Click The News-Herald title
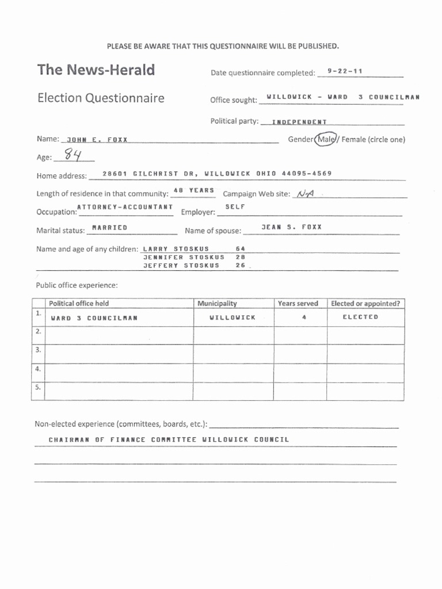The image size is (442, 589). pos(96,70)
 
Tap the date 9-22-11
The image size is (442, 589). pos(345,71)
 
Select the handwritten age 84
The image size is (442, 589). pos(73,155)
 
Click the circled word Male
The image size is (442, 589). pos(325,139)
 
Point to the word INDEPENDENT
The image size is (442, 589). pos(299,122)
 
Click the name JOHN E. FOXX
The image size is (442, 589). pos(97,140)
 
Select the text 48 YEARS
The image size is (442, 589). pos(194,190)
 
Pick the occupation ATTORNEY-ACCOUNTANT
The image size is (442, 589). pos(125,206)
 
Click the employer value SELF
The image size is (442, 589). pos(235,206)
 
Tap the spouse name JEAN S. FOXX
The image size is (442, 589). pos(291,227)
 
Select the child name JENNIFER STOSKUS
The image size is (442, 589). pos(184,257)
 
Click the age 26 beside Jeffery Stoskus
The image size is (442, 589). pos(241,266)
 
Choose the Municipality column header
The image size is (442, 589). pos(217,303)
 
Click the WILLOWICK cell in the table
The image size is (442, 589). pos(233,318)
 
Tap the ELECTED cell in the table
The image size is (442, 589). pos(360,317)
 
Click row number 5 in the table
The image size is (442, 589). pos(38,387)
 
